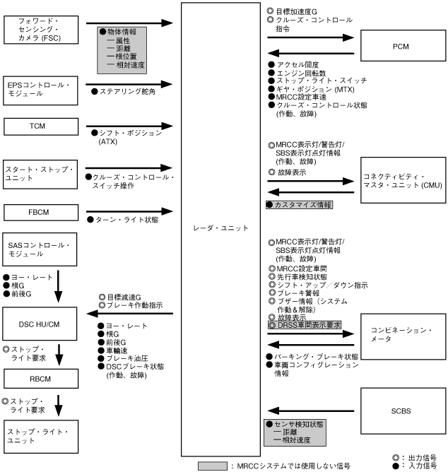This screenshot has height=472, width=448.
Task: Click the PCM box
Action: click(x=402, y=47)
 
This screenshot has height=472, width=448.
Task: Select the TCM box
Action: click(x=39, y=126)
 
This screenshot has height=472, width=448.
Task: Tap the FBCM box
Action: click(x=39, y=212)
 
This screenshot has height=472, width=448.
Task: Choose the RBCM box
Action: click(x=39, y=378)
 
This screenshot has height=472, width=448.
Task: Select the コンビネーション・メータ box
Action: click(x=402, y=335)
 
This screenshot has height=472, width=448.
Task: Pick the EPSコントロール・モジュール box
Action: click(x=39, y=89)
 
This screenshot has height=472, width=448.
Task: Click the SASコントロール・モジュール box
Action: click(x=39, y=249)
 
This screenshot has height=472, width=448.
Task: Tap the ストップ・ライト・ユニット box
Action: click(x=39, y=435)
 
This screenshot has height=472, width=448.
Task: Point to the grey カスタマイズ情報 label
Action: click(x=299, y=204)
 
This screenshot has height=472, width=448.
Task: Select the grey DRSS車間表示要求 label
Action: click(x=305, y=324)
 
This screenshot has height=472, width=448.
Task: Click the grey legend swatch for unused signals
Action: click(x=213, y=466)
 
